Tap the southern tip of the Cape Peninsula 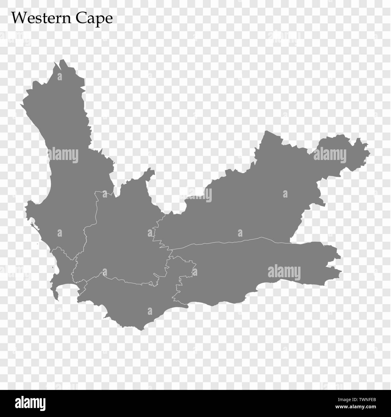pyautogui.click(x=57, y=299)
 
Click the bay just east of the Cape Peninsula pyautogui.click(x=68, y=289)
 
